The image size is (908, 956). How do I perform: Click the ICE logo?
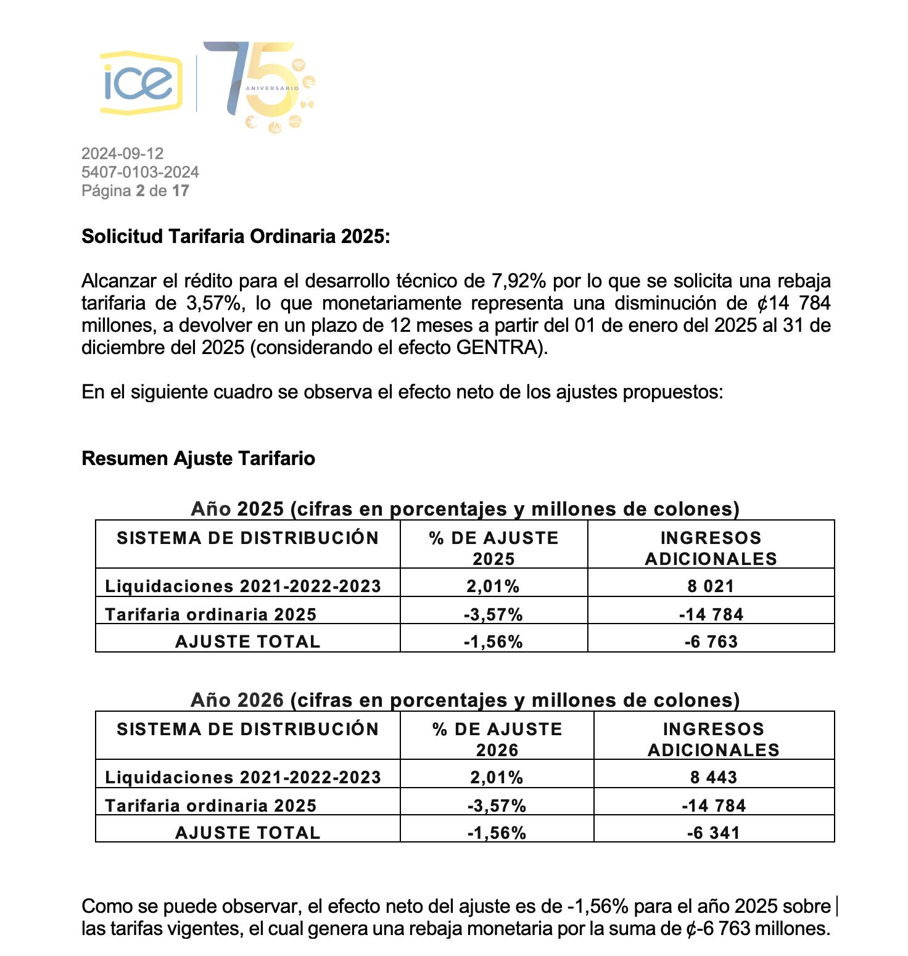coord(141,83)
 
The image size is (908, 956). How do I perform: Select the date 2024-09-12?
coord(122,154)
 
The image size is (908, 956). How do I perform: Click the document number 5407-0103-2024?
coord(140,172)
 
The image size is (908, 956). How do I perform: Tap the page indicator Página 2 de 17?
coord(135,191)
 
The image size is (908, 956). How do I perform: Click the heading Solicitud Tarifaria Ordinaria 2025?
coord(236,236)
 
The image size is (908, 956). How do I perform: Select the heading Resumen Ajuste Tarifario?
coord(198,458)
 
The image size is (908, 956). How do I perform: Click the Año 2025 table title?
coord(464,509)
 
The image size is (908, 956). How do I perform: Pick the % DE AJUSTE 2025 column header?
coord(493,548)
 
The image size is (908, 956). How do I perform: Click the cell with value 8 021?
coord(711,586)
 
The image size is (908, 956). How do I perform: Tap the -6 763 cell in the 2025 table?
coord(711,641)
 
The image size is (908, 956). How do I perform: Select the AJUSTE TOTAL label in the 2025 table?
coord(247,641)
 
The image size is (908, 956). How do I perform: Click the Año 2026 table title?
coord(464,700)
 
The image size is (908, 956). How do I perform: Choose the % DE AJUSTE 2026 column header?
coord(497,739)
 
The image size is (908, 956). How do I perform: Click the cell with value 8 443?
coord(714,777)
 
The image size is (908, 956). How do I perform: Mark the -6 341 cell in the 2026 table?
coord(714,833)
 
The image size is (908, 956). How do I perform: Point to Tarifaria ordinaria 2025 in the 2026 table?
coord(210,806)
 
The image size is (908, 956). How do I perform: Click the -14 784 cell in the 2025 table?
coord(711,614)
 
